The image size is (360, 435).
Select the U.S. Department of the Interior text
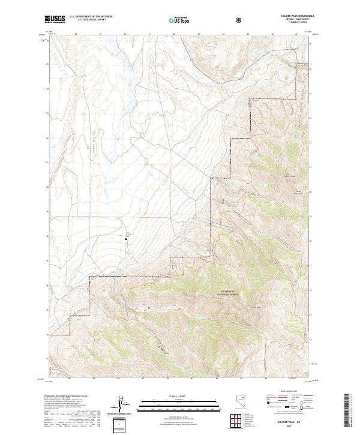91,17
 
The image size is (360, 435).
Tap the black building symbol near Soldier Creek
126,238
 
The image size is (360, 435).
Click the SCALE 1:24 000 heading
180,396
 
